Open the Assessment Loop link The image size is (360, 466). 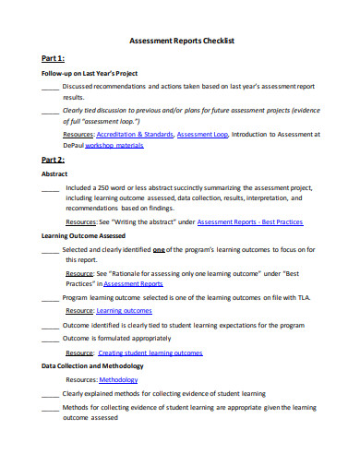click(x=201, y=134)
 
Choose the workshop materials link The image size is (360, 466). click(x=117, y=145)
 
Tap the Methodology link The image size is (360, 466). click(x=117, y=379)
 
